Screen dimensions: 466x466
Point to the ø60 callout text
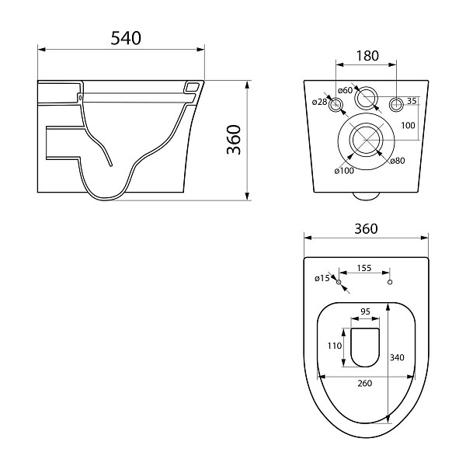click(346, 90)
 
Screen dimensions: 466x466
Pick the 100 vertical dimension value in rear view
click(408, 125)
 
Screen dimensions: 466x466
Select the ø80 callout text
click(397, 161)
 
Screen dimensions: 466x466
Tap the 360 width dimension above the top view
click(365, 228)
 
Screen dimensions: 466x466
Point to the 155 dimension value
click(363, 268)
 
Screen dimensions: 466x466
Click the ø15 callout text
click(321, 277)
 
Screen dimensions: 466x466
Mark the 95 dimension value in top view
click(365, 312)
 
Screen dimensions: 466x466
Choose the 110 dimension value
click(334, 347)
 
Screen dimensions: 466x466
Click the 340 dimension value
click(396, 357)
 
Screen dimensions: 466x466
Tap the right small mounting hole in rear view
click(395, 104)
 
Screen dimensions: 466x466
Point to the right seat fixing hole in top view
click(390, 281)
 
